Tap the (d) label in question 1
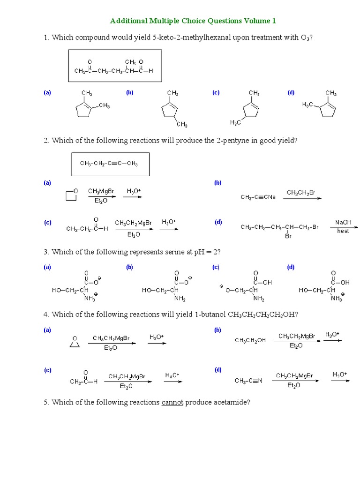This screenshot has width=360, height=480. click(291, 92)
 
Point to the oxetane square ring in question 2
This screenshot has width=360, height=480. click(71, 195)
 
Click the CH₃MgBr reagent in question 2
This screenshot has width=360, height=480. click(101, 191)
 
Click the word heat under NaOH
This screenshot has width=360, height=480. click(343, 231)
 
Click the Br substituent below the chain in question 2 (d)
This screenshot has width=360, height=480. click(288, 236)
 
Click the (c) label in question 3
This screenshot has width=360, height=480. click(216, 267)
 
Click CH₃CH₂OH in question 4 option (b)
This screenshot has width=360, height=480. click(250, 340)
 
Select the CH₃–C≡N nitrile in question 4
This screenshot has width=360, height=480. click(248, 381)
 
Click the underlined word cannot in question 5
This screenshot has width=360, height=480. click(172, 402)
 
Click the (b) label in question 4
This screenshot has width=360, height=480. click(217, 330)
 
